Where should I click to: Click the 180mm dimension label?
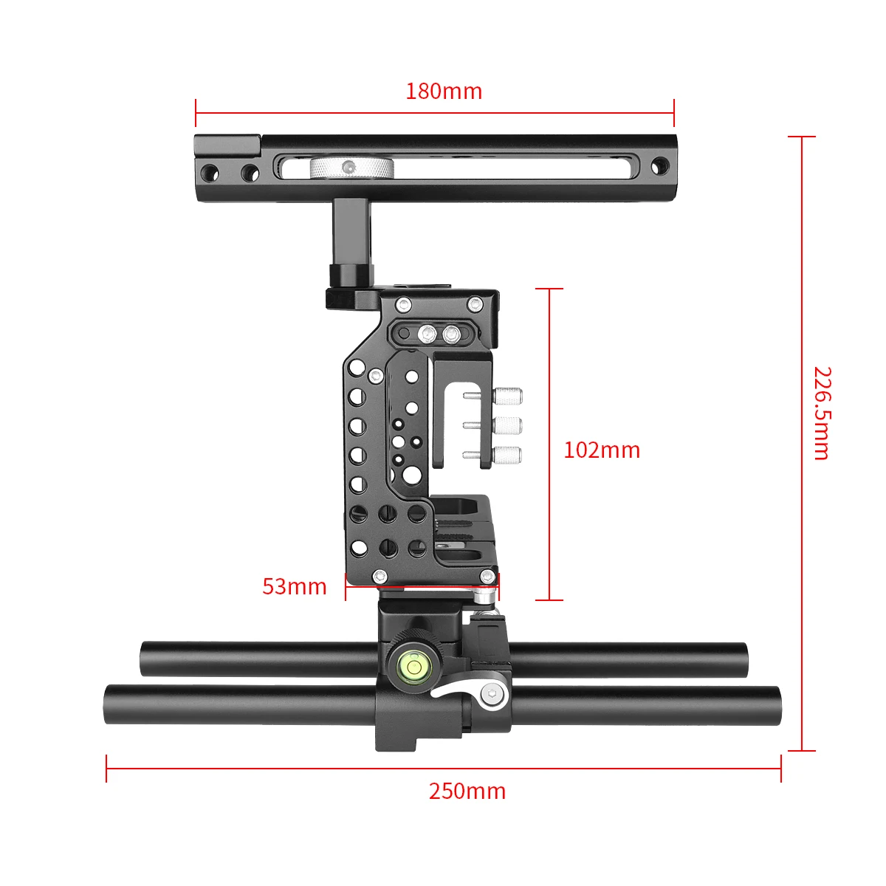(x=443, y=92)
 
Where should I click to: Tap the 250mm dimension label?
(x=467, y=791)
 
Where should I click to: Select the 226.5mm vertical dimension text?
(x=822, y=413)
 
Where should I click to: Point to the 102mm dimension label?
(x=601, y=450)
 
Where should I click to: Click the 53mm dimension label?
(x=294, y=587)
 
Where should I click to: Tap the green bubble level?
(x=412, y=667)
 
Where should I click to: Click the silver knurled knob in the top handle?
(x=351, y=168)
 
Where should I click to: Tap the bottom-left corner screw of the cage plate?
(x=380, y=576)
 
